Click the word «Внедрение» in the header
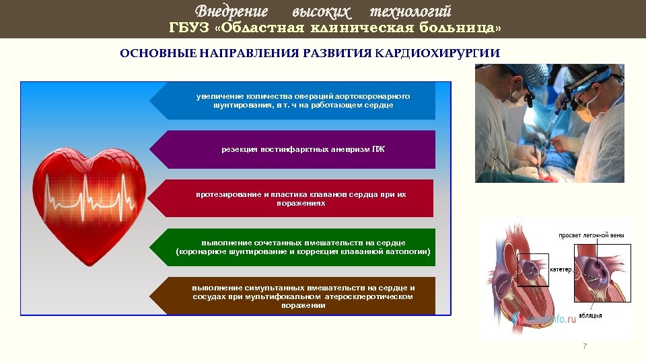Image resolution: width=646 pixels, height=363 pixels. coord(231,11)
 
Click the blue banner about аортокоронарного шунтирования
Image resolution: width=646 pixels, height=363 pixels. coord(293,101)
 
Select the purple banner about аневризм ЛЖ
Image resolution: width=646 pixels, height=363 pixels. coord(293,149)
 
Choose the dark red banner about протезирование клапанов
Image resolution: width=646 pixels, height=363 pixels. coord(293,198)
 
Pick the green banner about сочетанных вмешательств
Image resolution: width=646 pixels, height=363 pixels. coord(293,247)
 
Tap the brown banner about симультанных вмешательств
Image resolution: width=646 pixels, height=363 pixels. coord(293,296)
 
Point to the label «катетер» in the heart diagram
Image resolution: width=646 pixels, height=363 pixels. coord(560,270)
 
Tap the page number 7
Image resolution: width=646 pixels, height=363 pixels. coord(584,346)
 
